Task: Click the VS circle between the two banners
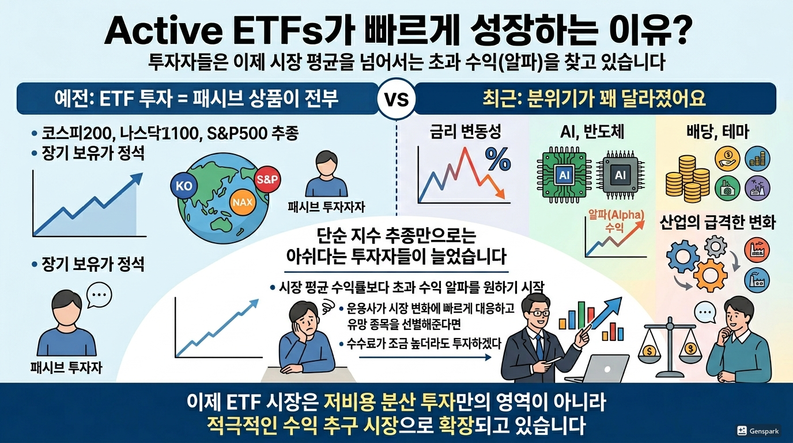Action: pos(396,99)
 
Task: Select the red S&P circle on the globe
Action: pos(267,179)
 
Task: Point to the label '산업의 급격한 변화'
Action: pos(717,222)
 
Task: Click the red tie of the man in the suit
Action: pos(539,346)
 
